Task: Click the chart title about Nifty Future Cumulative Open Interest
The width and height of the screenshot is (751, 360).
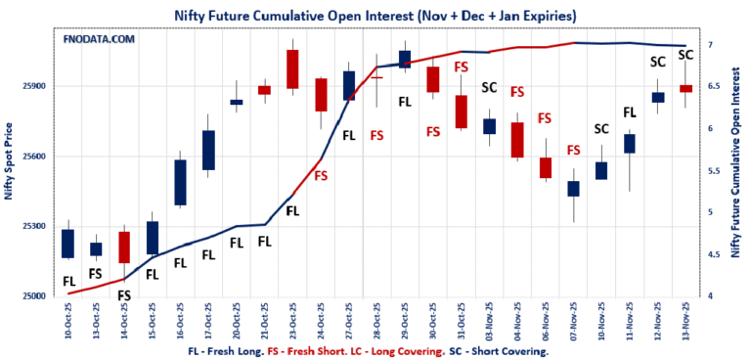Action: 375,16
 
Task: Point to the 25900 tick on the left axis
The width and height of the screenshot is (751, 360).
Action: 32,86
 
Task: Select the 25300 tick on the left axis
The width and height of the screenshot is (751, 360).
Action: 32,226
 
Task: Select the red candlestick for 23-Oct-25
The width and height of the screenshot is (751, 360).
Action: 291,68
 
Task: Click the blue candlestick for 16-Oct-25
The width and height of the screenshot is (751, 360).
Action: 180,182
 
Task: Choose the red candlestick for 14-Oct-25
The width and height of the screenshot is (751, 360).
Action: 124,247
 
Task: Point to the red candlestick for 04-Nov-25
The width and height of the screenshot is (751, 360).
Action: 517,139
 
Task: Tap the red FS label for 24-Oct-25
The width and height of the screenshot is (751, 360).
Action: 320,176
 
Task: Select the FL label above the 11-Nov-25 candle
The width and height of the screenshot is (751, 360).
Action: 630,112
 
